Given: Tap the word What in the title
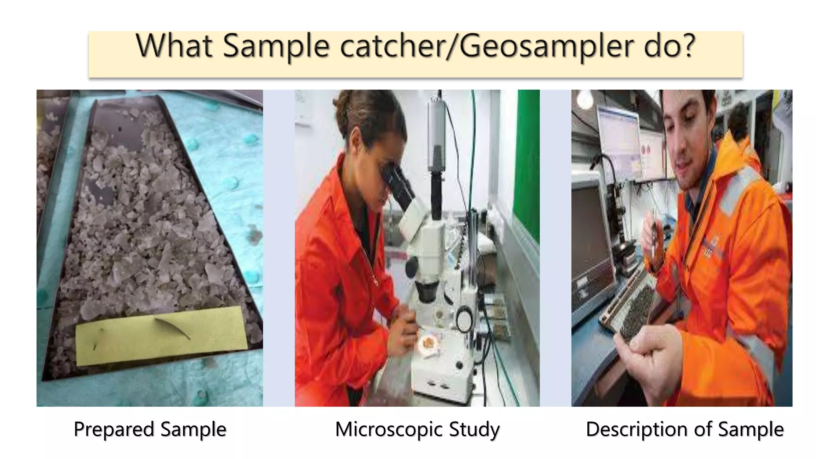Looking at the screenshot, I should click(174, 46).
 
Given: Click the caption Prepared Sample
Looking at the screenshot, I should click(150, 430).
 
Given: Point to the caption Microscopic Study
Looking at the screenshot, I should click(417, 430).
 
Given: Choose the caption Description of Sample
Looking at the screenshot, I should click(685, 430).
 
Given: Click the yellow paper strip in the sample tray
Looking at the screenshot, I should click(161, 336).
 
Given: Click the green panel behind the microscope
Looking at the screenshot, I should click(528, 159).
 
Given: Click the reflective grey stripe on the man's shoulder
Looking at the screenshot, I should click(737, 187).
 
